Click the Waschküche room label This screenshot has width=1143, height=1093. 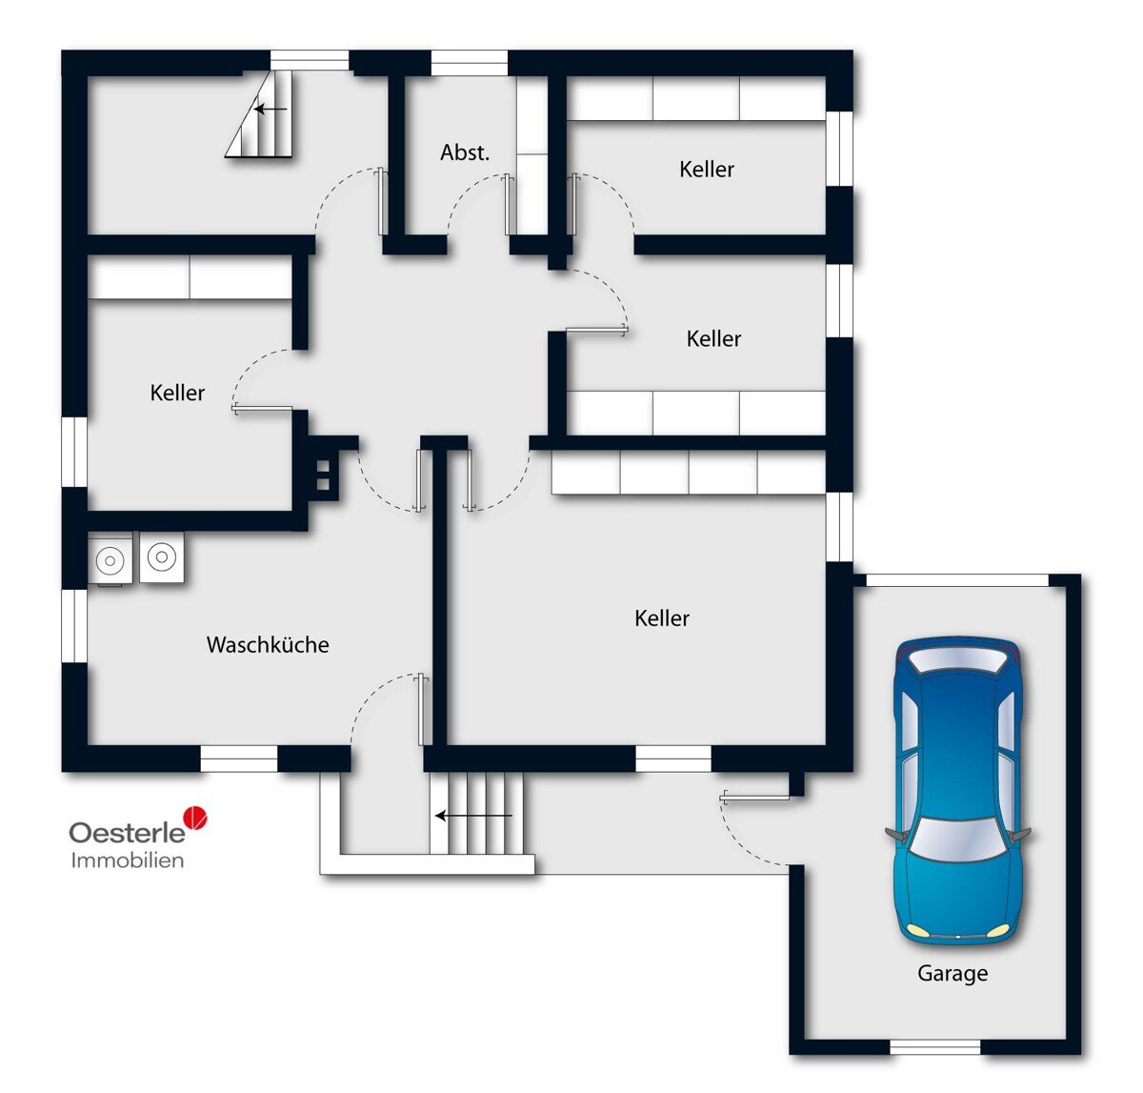point(268,644)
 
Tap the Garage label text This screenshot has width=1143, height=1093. point(952,974)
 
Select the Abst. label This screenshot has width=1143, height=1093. point(465,152)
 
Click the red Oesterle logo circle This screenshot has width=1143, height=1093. point(195,818)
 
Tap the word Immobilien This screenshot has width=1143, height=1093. point(128,860)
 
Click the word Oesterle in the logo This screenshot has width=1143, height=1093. point(128,833)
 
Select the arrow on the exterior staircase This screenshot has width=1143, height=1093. point(473,816)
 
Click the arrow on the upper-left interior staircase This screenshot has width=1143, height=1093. point(271,109)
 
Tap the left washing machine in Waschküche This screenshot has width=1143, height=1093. point(110,558)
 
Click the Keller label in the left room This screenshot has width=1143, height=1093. point(177,393)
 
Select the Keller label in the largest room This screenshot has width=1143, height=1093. point(662,618)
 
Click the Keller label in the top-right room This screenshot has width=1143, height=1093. point(707,170)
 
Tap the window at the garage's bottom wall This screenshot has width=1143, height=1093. point(935,1046)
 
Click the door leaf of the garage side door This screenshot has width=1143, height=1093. point(755,798)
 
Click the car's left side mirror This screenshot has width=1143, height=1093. point(894,833)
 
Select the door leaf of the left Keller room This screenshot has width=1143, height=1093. point(262,409)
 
